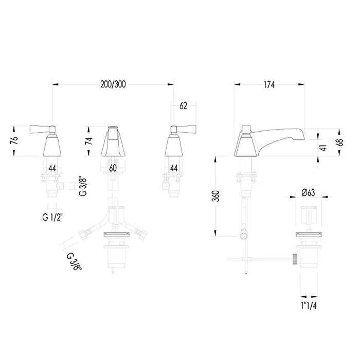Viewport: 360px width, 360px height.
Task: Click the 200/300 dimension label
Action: click(113, 84)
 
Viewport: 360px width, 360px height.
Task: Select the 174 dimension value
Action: click(269, 85)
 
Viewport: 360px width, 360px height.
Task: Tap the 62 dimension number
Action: click(183, 106)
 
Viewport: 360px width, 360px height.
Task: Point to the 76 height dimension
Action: click(14, 140)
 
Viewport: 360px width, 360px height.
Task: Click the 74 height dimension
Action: click(89, 141)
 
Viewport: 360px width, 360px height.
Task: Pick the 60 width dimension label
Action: click(113, 168)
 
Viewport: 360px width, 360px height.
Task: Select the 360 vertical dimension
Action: click(216, 196)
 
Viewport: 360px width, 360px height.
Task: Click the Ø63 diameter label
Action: click(309, 192)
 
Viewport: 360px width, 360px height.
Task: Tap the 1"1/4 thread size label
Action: click(309, 305)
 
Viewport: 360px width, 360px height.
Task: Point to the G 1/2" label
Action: click(52, 217)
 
